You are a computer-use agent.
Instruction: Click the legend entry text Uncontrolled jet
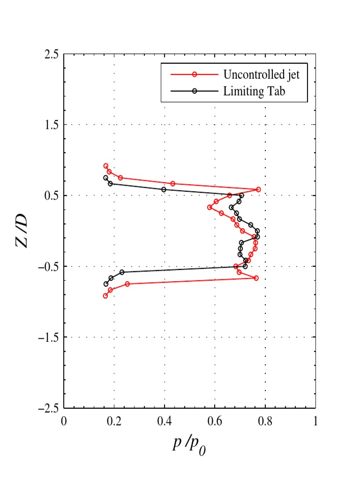(x=261, y=75)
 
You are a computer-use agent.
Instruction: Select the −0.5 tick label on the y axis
(x=49, y=266)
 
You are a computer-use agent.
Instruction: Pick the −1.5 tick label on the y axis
(x=49, y=337)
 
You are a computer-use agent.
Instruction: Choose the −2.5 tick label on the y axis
(x=49, y=408)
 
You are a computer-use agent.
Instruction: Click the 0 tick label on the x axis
(x=64, y=421)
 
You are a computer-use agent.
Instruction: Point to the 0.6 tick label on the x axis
(x=215, y=421)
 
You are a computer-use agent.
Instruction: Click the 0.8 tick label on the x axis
(x=265, y=421)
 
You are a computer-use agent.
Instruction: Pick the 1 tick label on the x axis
(x=315, y=421)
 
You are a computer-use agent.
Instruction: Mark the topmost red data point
(x=105, y=166)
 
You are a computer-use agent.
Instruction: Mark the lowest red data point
(x=105, y=296)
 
